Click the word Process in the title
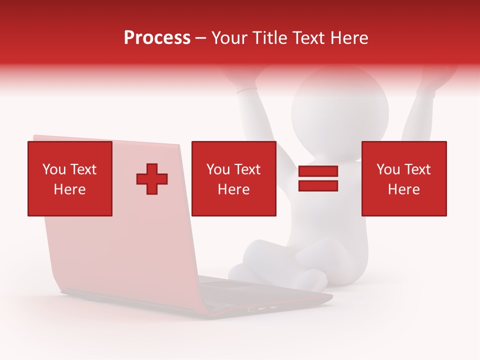coord(157,38)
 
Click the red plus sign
coord(152,179)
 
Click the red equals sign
coord(318,178)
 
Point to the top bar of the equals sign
coord(318,171)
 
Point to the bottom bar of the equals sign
coord(318,185)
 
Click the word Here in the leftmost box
coord(70,189)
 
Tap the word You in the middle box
coord(218,169)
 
